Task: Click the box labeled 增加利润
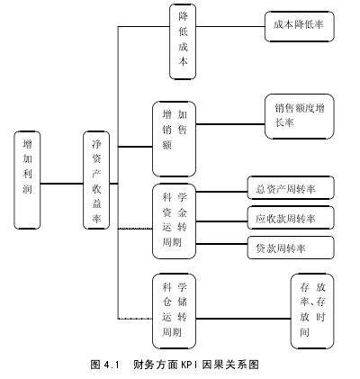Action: click(27, 180)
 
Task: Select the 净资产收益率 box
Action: click(96, 180)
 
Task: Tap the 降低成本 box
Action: click(183, 41)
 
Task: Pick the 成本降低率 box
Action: click(300, 26)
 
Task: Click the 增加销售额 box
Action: click(174, 139)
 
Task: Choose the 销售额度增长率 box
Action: click(300, 116)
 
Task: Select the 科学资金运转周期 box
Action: click(174, 221)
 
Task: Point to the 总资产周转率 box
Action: click(291, 188)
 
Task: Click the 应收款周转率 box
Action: click(291, 218)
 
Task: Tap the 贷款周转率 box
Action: click(291, 248)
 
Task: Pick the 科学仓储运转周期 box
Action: click(174, 311)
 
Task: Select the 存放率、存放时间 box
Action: click(312, 311)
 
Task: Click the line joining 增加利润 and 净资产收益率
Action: click(62, 184)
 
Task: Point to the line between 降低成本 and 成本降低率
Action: click(230, 26)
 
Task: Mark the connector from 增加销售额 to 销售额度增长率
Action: click(230, 123)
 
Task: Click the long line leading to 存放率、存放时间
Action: click(243, 319)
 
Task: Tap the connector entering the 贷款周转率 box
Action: click(221, 244)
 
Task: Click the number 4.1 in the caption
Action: click(112, 365)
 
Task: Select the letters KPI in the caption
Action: click(189, 365)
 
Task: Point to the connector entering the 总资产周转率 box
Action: click(221, 191)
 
